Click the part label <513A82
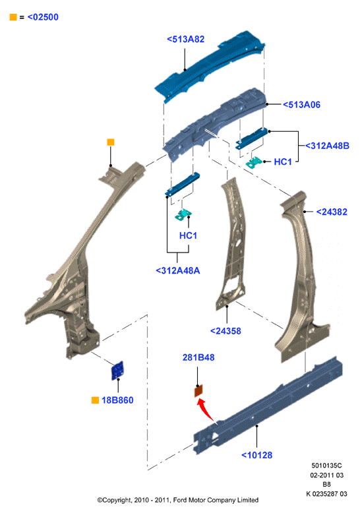point(185,40)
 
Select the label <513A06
point(301,105)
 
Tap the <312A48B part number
point(327,146)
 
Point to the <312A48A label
point(178,270)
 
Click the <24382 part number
point(332,212)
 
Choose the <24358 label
point(225,331)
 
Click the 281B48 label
point(198,357)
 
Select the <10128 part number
point(256,455)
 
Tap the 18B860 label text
point(117,400)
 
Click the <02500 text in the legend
point(43,17)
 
